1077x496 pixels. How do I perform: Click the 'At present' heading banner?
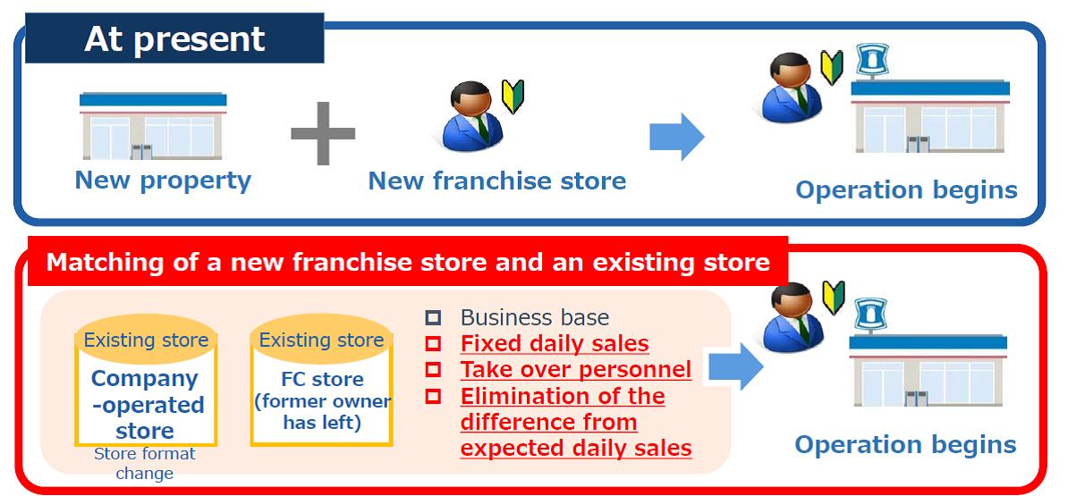[174, 38]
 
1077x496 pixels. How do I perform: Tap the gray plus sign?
[323, 133]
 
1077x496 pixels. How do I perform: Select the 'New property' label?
[163, 181]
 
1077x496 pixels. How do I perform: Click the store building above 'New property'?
[153, 126]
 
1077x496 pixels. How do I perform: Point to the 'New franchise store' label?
[497, 181]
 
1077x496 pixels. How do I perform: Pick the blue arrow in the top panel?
[677, 137]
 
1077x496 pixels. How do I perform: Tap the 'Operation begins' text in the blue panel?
[906, 190]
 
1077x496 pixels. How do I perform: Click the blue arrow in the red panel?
[735, 366]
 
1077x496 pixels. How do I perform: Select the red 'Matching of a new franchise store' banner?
[408, 262]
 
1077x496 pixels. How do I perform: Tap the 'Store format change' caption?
[145, 463]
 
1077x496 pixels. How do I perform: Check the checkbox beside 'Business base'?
[433, 317]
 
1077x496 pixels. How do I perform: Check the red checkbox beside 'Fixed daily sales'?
[433, 343]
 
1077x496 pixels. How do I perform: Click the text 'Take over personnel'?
[576, 370]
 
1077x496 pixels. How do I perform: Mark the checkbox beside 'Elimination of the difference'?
[433, 396]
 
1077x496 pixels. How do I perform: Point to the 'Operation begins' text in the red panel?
[905, 445]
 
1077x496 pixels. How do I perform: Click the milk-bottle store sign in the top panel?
[872, 60]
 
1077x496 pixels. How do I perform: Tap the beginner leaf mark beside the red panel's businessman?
[833, 298]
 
